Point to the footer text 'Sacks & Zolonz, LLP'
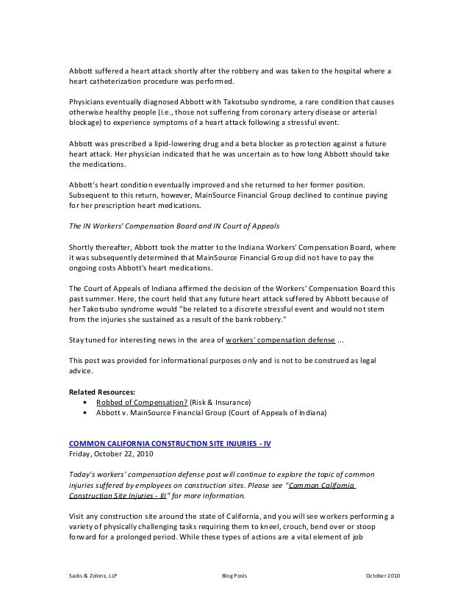[92, 575]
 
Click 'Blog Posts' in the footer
[234, 575]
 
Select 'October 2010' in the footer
[382, 575]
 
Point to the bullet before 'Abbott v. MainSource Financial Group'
[88, 413]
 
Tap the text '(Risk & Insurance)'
[221, 403]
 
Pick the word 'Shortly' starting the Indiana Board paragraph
[81, 247]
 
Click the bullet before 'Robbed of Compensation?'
[88, 403]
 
